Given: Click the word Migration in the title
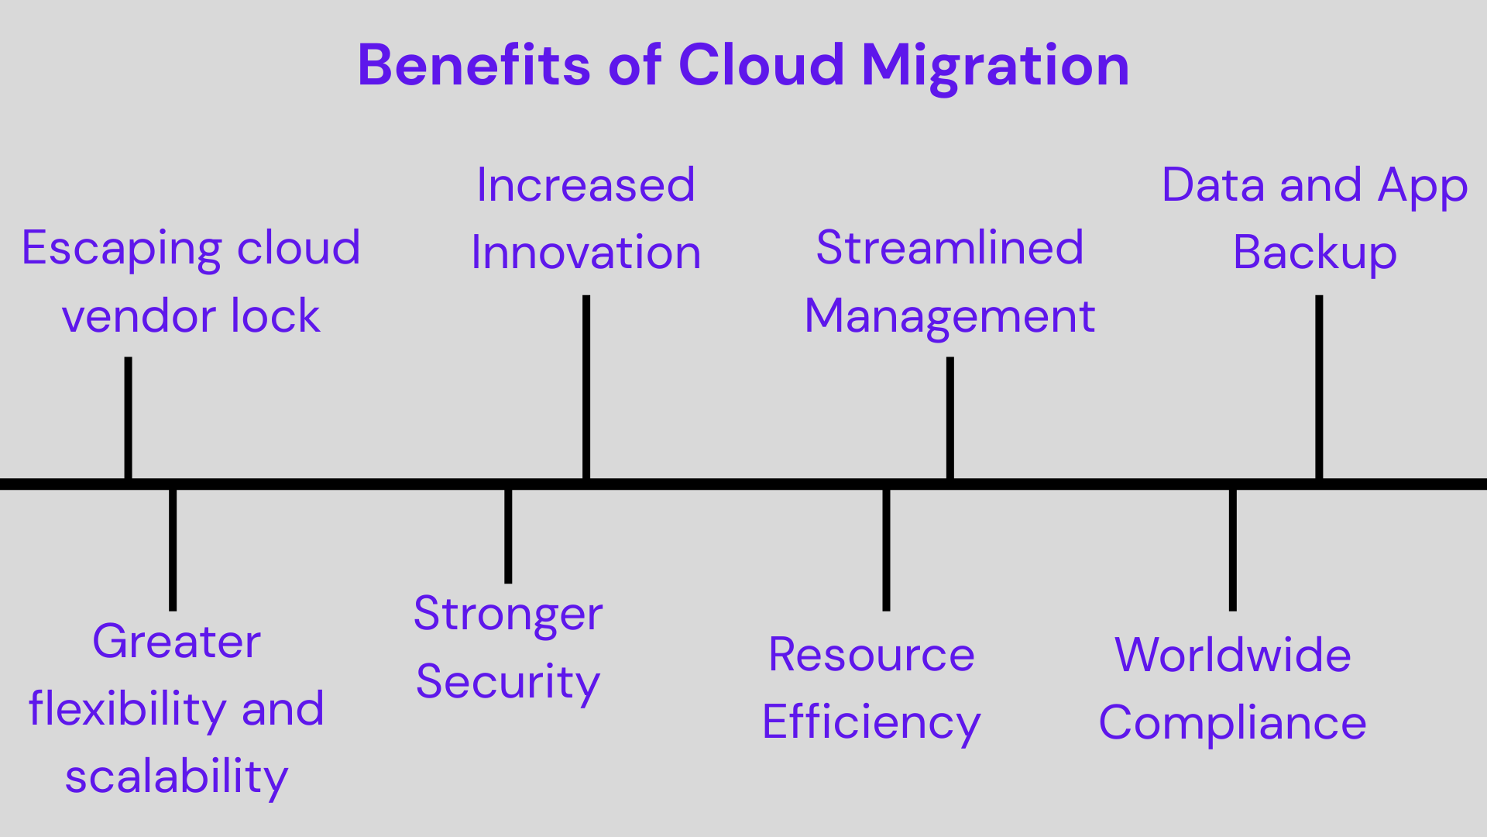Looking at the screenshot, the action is (995, 67).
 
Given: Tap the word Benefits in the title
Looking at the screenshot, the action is (473, 65).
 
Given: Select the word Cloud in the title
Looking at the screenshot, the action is (761, 65).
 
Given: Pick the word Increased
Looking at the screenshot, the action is (586, 185).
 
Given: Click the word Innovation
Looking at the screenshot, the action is (586, 253).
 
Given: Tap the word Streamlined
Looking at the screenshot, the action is (950, 248).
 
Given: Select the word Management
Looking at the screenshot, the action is (950, 317).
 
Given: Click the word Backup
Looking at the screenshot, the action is (1314, 253).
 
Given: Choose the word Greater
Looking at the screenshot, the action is (177, 642).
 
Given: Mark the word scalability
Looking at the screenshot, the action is (177, 777).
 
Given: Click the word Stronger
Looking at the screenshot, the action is (508, 615).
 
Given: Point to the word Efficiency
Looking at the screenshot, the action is (871, 723).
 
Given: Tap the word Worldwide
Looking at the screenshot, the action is (1233, 655).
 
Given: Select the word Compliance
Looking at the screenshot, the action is (1232, 724).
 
